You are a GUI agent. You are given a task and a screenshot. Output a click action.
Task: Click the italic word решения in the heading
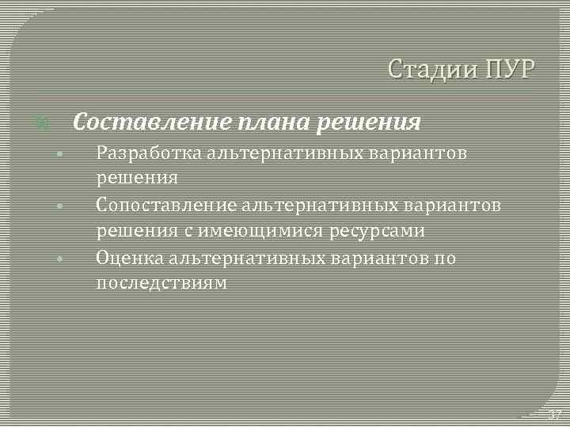click(x=371, y=123)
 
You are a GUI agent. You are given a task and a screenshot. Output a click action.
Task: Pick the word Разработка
click(x=148, y=153)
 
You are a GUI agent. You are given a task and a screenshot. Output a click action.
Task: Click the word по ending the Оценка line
click(x=446, y=258)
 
